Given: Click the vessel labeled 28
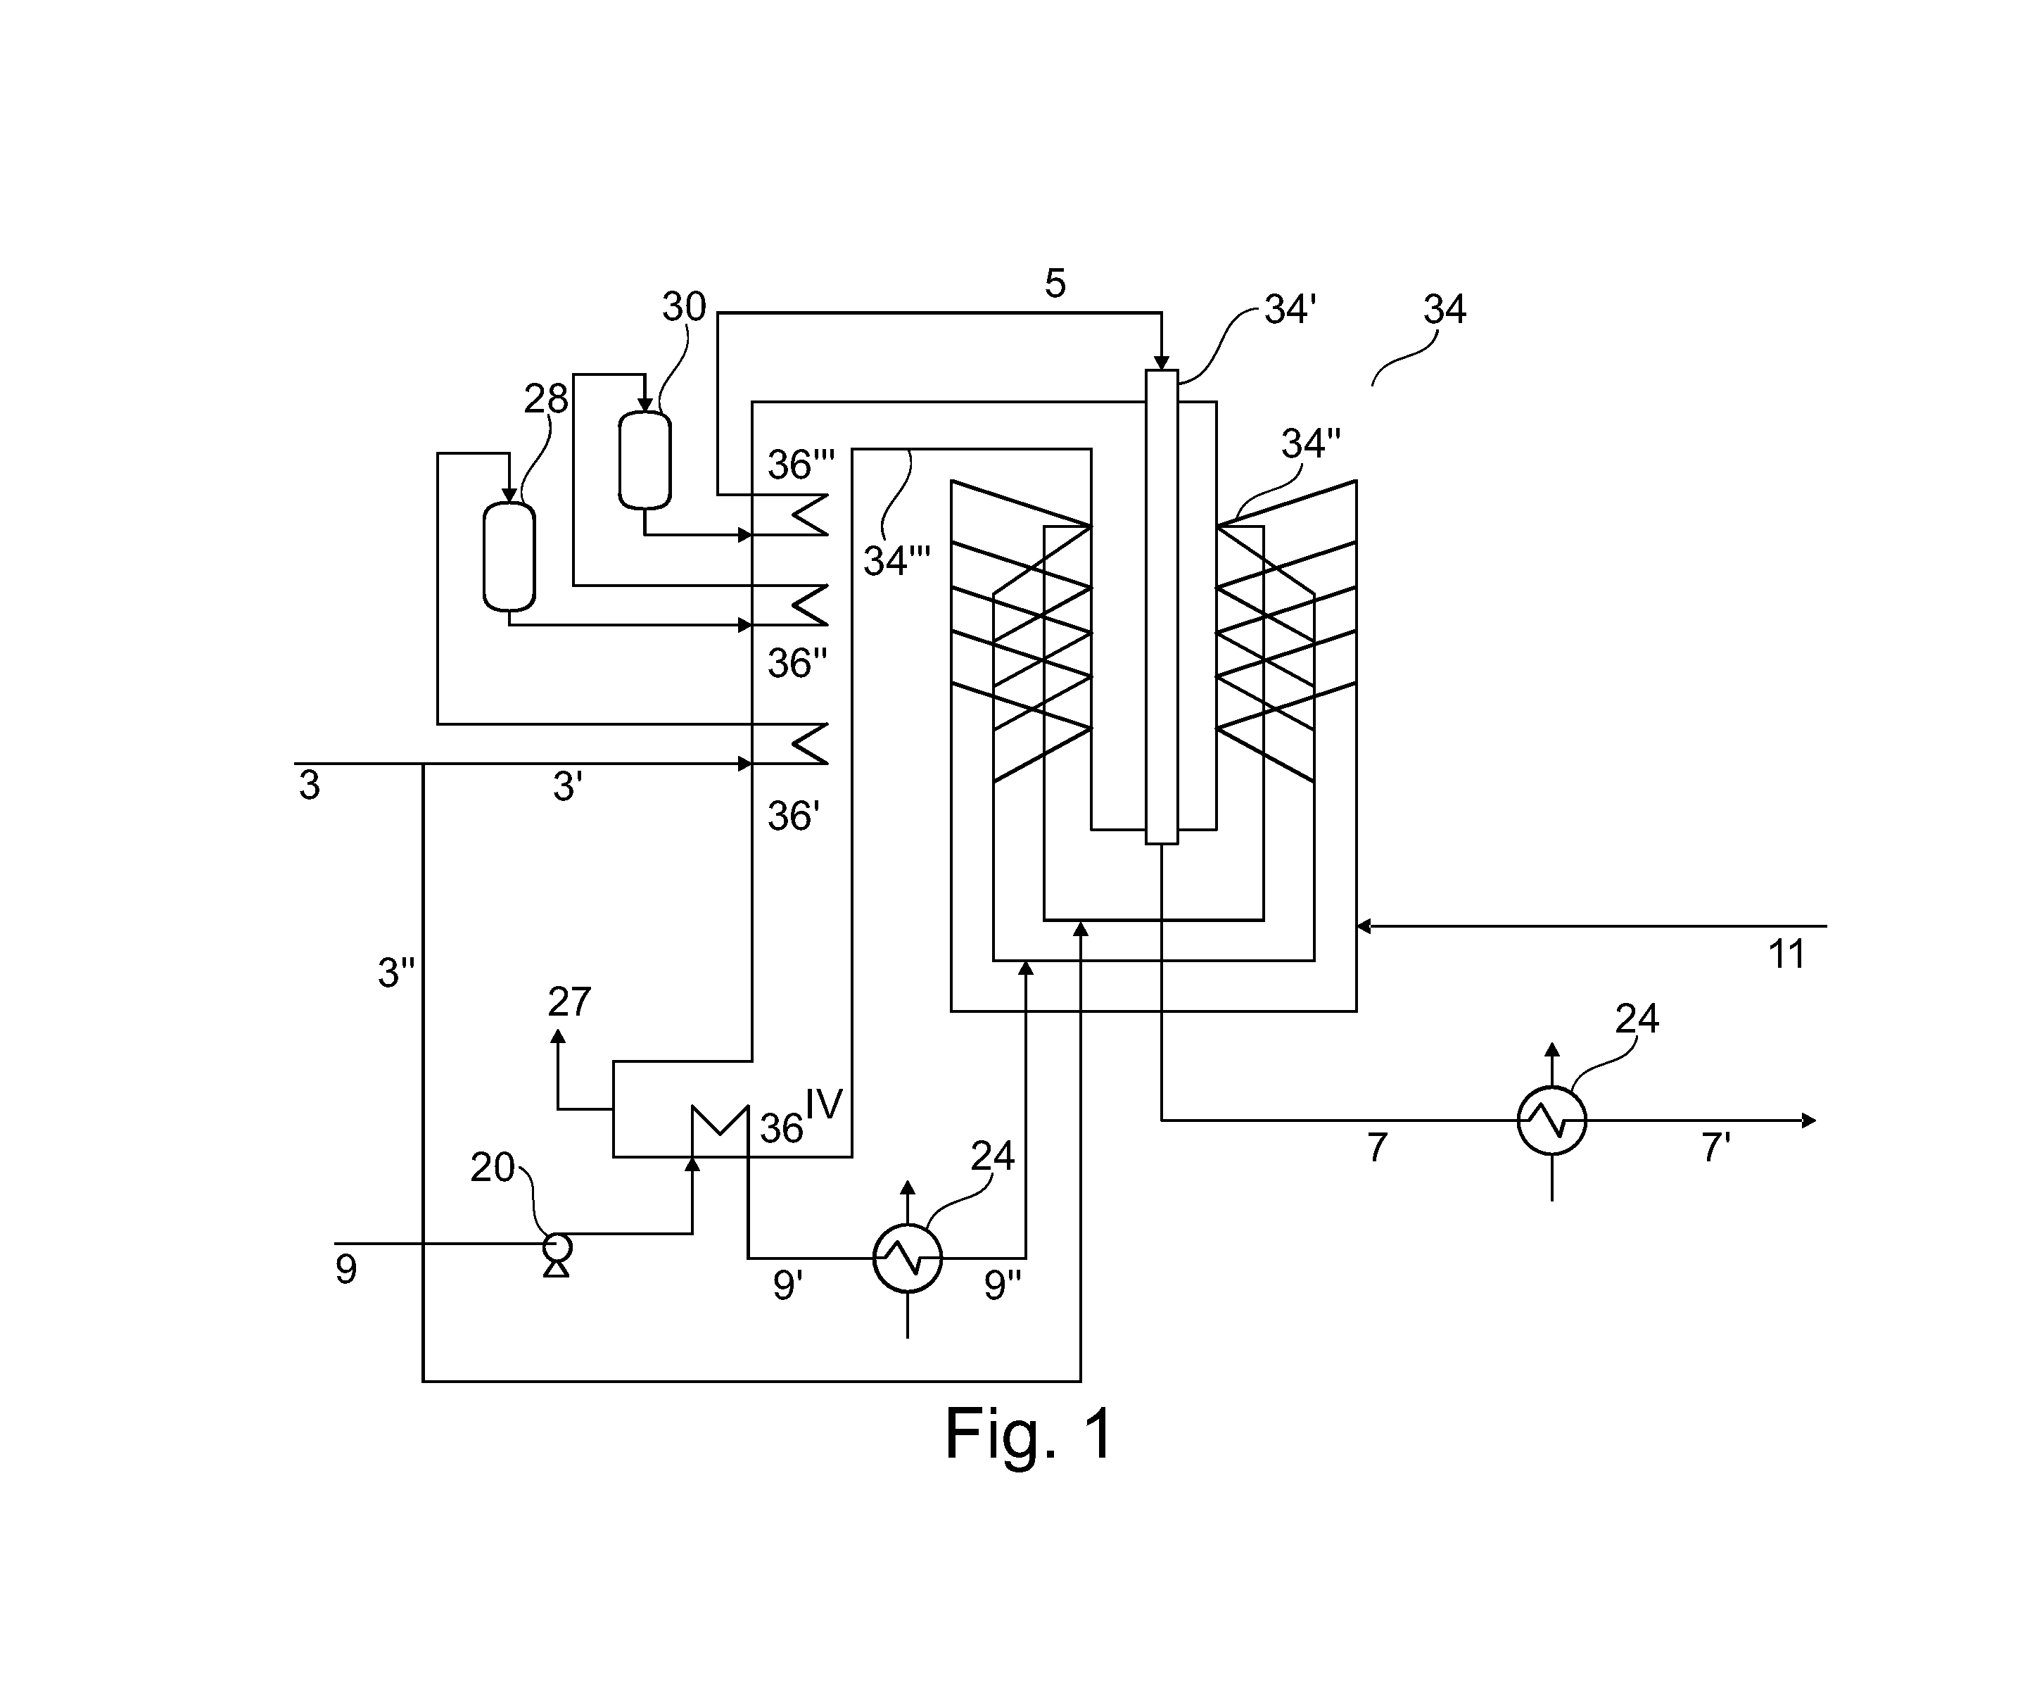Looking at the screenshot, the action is (509, 557).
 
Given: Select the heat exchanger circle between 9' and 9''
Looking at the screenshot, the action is (908, 1258).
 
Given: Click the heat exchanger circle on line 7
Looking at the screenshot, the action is (1551, 1121).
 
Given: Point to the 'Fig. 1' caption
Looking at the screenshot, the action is (1029, 1433).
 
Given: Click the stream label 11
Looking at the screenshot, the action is (1786, 954).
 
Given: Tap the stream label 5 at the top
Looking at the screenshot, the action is (1055, 284).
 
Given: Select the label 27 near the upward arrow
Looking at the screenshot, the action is (569, 1002).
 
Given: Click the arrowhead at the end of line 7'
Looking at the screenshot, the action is (1809, 1121).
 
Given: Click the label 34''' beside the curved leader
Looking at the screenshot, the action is (897, 560).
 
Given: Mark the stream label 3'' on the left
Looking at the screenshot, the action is (396, 973).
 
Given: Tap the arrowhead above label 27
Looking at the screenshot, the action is (557, 1036).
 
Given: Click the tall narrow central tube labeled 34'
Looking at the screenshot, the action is (1162, 607).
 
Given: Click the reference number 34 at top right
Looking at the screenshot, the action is (1445, 310).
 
